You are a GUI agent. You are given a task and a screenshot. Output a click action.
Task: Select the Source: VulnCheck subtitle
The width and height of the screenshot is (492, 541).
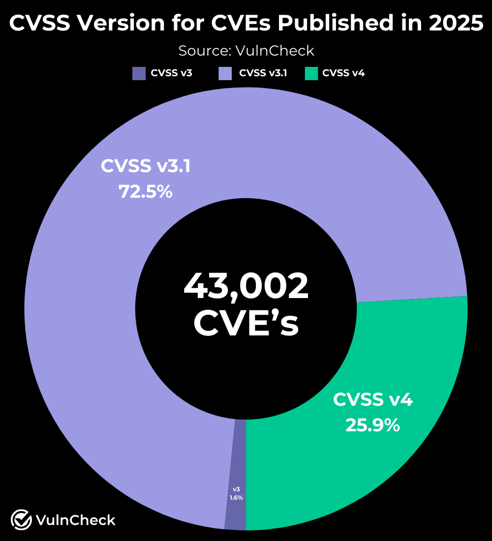(x=246, y=50)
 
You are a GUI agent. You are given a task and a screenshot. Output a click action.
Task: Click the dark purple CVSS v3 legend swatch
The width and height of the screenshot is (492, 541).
(x=139, y=74)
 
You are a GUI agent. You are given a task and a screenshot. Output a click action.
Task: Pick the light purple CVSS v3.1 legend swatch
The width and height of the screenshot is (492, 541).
(x=225, y=74)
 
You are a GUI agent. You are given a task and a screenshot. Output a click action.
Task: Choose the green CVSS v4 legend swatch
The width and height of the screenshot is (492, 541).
(x=311, y=74)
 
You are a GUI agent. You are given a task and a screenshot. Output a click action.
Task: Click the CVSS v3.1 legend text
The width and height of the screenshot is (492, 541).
(x=263, y=74)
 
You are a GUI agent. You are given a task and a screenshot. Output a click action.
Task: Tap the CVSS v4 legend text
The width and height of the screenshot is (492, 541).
(x=343, y=74)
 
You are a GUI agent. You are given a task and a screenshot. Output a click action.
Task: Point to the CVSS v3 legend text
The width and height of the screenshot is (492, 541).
(x=171, y=74)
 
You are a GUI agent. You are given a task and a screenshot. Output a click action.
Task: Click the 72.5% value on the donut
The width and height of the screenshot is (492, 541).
(x=146, y=192)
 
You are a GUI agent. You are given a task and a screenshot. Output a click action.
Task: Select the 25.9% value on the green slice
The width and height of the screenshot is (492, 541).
(x=372, y=425)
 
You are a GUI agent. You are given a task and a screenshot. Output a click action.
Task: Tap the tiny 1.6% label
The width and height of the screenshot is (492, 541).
(x=236, y=498)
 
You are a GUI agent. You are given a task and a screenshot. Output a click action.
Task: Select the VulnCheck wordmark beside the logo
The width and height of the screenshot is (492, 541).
(x=76, y=520)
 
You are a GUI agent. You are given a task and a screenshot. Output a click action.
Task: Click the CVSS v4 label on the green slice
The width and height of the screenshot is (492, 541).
(x=373, y=399)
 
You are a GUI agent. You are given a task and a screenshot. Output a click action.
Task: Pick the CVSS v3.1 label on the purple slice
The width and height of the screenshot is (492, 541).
(x=146, y=166)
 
